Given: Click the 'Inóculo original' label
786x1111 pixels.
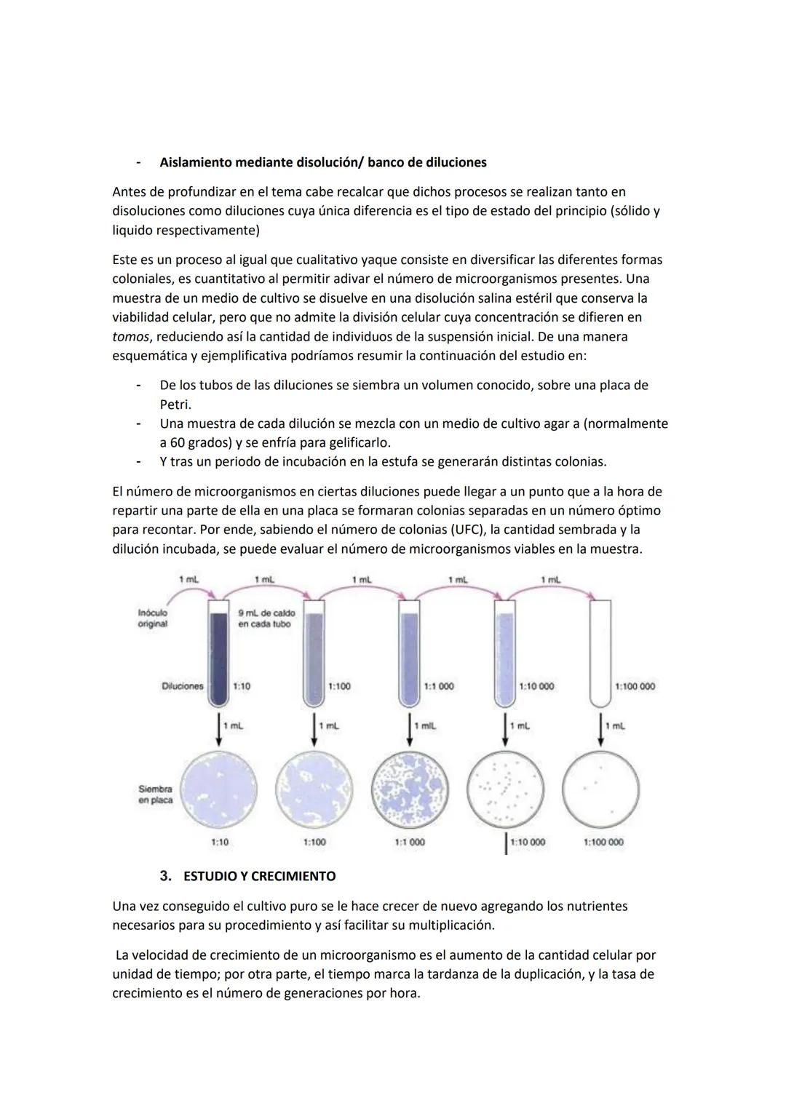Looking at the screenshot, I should (x=153, y=618).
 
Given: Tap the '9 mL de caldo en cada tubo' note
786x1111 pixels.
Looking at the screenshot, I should (x=266, y=618).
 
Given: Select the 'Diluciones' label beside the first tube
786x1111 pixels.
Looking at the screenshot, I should (x=182, y=686).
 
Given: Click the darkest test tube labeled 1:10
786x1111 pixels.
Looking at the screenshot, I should (x=218, y=655).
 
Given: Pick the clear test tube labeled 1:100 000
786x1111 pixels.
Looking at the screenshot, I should (x=600, y=655).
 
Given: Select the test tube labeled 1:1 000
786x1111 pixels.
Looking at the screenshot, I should (x=410, y=655).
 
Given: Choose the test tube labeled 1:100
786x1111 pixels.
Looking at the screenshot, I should (x=314, y=655).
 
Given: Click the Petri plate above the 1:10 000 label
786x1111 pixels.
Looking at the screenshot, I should (x=504, y=789).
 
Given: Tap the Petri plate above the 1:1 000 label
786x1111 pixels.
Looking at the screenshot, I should (x=409, y=789).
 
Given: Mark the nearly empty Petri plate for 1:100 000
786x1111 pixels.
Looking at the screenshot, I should (x=601, y=789).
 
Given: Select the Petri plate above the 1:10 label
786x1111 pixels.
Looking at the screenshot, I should (x=218, y=789).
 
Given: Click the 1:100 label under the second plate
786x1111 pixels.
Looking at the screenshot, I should (x=314, y=842).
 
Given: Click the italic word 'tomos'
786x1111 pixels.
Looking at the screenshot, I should (x=130, y=337).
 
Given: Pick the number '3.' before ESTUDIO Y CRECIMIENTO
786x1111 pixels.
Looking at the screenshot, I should (x=166, y=876).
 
